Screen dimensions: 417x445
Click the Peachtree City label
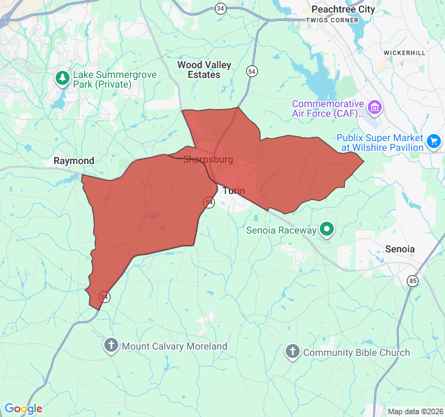(x=342, y=9)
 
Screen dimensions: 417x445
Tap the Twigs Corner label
(x=332, y=20)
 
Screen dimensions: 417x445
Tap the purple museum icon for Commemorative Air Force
(x=375, y=107)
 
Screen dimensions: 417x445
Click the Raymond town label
(x=74, y=161)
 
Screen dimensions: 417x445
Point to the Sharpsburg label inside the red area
(x=208, y=160)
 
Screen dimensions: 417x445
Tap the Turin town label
(x=234, y=190)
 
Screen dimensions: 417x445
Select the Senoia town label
(x=400, y=249)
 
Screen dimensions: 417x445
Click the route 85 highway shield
(x=412, y=280)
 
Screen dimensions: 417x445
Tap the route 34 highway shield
(x=220, y=8)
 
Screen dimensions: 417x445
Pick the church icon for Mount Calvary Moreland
(x=111, y=345)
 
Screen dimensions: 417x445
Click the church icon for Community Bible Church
(x=292, y=352)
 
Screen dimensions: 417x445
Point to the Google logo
(x=23, y=409)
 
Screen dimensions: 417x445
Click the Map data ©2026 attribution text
(x=414, y=411)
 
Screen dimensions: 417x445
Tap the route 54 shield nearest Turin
(x=209, y=202)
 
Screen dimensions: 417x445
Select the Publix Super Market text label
(x=380, y=142)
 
